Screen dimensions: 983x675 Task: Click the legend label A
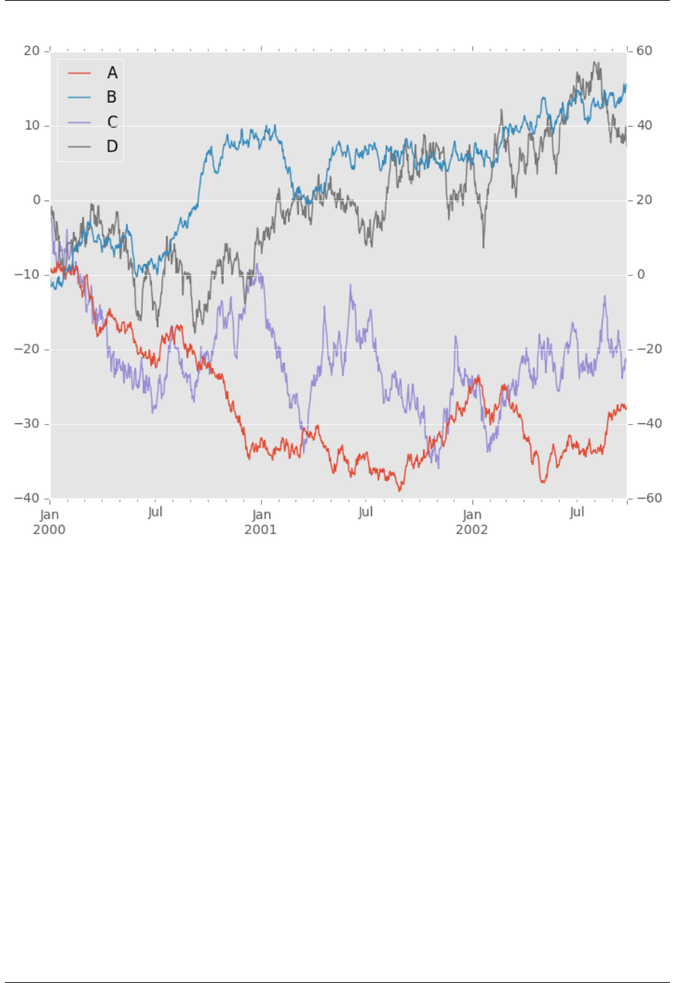click(112, 73)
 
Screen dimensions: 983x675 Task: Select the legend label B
click(112, 97)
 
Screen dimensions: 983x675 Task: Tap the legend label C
click(112, 122)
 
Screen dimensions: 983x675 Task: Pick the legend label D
click(112, 147)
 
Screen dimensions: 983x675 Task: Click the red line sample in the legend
click(80, 73)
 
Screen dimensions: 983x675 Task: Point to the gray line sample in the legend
click(80, 147)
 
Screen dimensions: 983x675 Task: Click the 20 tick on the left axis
click(32, 51)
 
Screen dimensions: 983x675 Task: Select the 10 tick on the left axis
click(32, 125)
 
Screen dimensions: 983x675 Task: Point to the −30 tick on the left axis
click(28, 424)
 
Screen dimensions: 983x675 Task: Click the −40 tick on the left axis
click(28, 499)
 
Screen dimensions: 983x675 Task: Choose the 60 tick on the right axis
click(644, 51)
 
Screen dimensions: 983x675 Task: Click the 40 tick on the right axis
click(644, 125)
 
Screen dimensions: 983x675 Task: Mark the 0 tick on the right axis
click(640, 275)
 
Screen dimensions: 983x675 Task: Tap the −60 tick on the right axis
click(647, 499)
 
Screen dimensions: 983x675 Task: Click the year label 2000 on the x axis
click(49, 530)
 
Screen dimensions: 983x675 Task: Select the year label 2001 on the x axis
click(261, 530)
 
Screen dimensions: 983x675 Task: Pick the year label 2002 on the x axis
click(472, 530)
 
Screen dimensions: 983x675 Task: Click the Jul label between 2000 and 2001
click(155, 512)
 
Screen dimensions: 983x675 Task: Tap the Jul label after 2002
click(577, 512)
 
